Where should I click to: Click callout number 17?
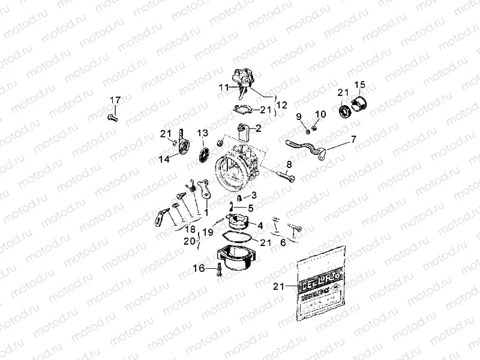(115, 99)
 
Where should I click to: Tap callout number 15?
(359, 84)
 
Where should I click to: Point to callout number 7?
(353, 139)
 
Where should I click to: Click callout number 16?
(199, 268)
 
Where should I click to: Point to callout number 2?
(259, 128)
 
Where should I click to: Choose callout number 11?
(223, 88)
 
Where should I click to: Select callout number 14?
(164, 159)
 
